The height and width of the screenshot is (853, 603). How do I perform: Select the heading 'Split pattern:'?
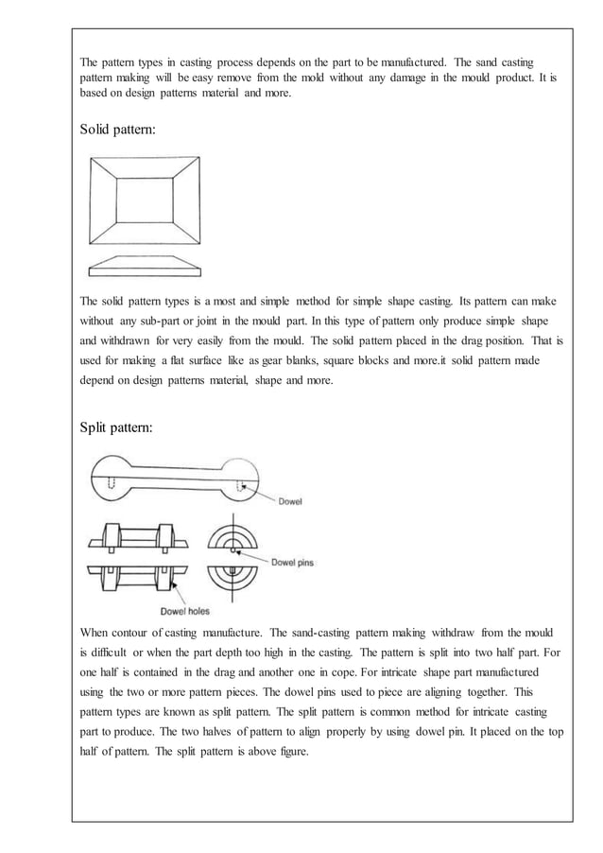(117, 427)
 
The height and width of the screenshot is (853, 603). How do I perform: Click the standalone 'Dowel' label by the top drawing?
(290, 501)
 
